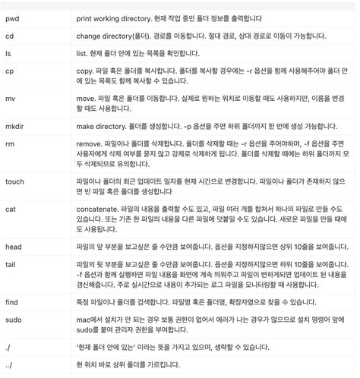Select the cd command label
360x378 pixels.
[x=10, y=35]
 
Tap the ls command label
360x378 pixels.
[x=8, y=55]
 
